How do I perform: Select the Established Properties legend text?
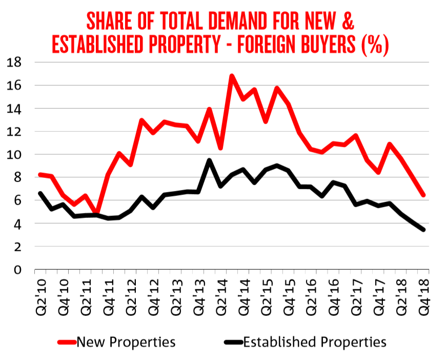314,341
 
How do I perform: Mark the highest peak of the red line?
232,76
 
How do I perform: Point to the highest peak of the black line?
209,161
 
